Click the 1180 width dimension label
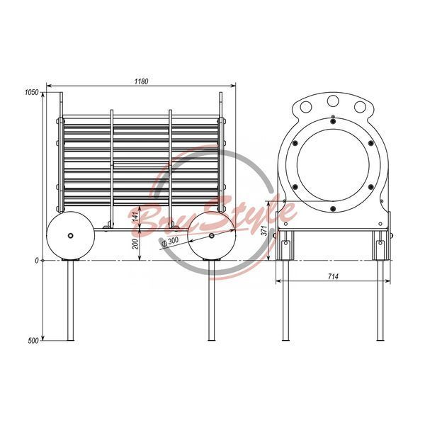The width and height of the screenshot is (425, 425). [x=141, y=81]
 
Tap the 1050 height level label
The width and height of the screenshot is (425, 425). [x=32, y=92]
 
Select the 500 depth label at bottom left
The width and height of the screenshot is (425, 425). [x=33, y=341]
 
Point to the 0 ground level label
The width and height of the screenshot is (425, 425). [x=37, y=261]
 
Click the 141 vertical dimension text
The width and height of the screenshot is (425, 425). [x=135, y=217]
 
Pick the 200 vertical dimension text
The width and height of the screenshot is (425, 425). [x=135, y=244]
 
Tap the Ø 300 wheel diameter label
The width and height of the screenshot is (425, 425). [x=170, y=242]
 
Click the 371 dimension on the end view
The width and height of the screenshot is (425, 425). [x=264, y=230]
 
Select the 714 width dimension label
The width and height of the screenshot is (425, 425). [x=333, y=276]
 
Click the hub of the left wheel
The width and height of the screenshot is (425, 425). [x=70, y=236]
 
